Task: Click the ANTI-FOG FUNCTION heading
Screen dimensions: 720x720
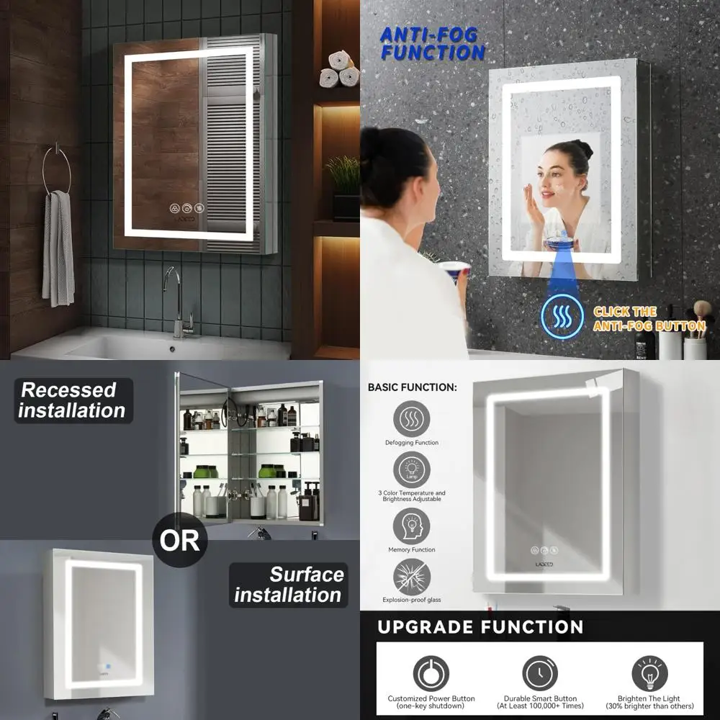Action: pos(433,43)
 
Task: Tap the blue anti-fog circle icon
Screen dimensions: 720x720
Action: pos(562,317)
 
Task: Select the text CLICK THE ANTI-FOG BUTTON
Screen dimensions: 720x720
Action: pos(648,319)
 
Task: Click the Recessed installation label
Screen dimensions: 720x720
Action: pos(72,400)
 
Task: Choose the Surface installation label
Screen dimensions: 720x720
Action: pos(288,585)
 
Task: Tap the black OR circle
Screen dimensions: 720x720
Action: pos(179,540)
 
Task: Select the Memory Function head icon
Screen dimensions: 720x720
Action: pos(411,526)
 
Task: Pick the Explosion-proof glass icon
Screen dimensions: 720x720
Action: pos(411,577)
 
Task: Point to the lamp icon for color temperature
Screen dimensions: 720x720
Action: pos(411,469)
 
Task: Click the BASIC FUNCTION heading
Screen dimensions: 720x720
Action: pos(412,387)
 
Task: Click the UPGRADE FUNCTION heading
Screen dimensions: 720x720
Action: pos(480,627)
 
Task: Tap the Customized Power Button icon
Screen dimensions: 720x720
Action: pos(431,674)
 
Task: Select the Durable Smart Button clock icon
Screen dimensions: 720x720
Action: pos(540,674)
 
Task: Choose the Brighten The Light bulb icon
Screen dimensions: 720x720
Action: pos(649,674)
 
